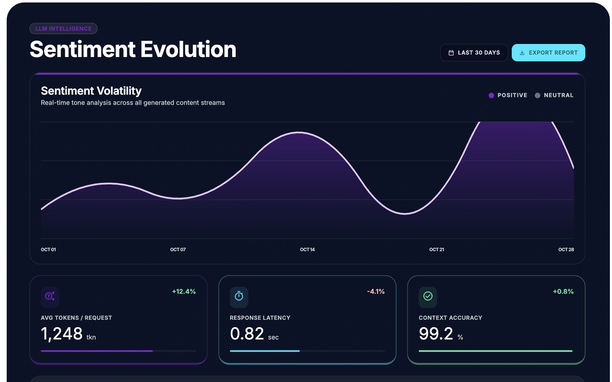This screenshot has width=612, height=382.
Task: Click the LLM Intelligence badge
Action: pos(64,29)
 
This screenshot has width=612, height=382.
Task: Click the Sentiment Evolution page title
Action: pos(133,49)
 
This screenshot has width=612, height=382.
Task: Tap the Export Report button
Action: pos(548,53)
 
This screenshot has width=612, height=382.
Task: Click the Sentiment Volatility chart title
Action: pos(91,91)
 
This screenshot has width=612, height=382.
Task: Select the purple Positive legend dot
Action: pos(491,95)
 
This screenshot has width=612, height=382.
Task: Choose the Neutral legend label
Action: pos(559,95)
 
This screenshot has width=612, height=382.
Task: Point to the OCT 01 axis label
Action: pos(48,250)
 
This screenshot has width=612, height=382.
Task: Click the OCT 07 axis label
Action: pos(178,250)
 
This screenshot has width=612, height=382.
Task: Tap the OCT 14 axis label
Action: pos(307,250)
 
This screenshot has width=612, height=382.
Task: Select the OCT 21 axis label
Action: pos(437,250)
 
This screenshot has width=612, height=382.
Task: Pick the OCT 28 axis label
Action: pos(566,250)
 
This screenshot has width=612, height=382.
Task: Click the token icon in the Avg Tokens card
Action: pos(50,296)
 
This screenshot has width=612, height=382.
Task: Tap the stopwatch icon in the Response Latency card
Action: pos(239,296)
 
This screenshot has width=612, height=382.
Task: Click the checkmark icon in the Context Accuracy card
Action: pos(428,296)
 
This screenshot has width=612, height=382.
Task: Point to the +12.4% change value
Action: pos(184,292)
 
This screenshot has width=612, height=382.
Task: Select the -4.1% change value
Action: pos(376,292)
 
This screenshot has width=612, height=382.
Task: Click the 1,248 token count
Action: pos(62,334)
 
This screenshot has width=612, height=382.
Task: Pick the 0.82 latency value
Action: pos(247,334)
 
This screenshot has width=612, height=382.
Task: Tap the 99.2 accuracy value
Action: pos(436,334)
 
